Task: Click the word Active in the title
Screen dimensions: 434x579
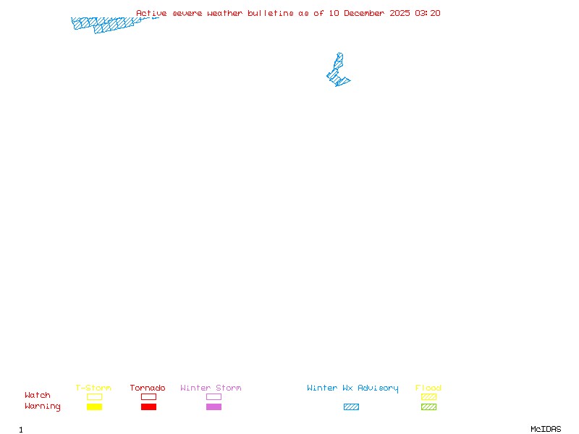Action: (151, 13)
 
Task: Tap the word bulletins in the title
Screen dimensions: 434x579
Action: (271, 13)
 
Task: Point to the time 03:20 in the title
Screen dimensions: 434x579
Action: (428, 13)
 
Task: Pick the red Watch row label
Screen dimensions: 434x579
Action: (38, 396)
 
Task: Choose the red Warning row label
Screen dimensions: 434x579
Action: (43, 407)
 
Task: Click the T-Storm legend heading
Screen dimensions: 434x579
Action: (93, 388)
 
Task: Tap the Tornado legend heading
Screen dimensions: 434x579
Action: (148, 388)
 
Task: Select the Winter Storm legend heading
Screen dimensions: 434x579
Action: (211, 388)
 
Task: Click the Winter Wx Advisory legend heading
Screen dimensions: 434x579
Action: (352, 388)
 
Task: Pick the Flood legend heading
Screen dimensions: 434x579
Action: (428, 388)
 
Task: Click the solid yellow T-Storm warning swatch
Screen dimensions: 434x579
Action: (94, 407)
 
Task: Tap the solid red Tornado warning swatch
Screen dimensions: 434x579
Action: (148, 407)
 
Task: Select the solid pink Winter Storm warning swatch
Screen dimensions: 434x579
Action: (214, 407)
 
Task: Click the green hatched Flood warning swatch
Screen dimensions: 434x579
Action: (428, 407)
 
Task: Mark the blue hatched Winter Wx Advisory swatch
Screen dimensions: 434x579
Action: (351, 407)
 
